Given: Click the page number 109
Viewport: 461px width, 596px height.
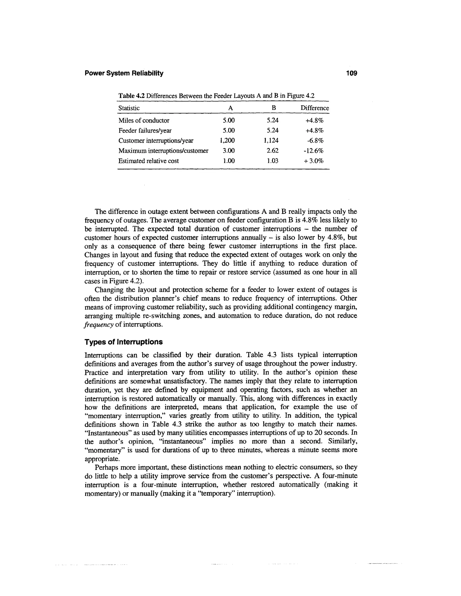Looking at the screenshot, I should pyautogui.click(x=351, y=73).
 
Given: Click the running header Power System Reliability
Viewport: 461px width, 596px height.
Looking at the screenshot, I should pyautogui.click(x=124, y=73).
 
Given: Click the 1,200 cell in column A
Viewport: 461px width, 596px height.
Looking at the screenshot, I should pyautogui.click(x=227, y=141).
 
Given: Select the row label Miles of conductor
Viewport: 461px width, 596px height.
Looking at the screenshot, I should pyautogui.click(x=144, y=120).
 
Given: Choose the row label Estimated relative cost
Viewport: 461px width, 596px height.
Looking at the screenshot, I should pyautogui.click(x=148, y=161).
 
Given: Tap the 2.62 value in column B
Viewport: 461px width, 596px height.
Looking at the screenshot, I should pyautogui.click(x=272, y=151).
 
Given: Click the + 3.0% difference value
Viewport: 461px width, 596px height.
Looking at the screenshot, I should pyautogui.click(x=314, y=161).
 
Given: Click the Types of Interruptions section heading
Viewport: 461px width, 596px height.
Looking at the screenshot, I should pyautogui.click(x=123, y=342).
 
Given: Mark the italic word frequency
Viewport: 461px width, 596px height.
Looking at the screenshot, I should pyautogui.click(x=99, y=325).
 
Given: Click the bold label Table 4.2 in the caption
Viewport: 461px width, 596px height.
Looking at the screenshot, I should pyautogui.click(x=131, y=96).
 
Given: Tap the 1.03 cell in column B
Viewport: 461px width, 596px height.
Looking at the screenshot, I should pyautogui.click(x=272, y=161).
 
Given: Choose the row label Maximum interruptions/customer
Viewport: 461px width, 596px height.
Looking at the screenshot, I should pyautogui.click(x=163, y=151).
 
